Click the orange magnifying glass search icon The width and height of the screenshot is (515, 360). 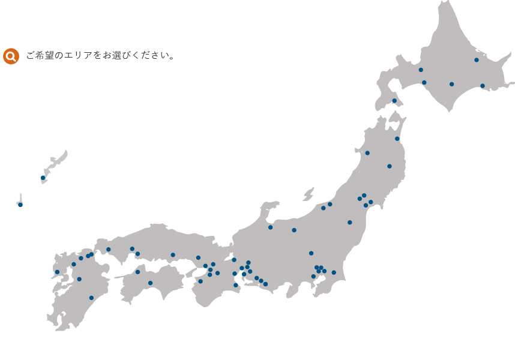tap(11, 56)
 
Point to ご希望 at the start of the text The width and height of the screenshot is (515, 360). tap(40, 56)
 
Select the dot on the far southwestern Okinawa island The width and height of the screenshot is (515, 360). tap(20, 205)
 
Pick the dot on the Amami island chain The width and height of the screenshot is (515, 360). tap(43, 178)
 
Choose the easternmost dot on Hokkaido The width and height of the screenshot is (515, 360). tap(483, 86)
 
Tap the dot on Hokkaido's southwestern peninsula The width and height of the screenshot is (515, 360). tap(394, 101)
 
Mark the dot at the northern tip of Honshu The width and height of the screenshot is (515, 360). tap(397, 139)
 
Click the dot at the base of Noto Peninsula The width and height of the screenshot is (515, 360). tap(270, 227)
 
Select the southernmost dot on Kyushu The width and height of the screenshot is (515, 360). tap(91, 298)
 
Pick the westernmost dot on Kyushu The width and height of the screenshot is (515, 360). tap(57, 272)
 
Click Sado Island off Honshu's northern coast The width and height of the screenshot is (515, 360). tap(309, 194)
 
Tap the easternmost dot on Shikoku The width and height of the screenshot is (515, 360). tap(150, 283)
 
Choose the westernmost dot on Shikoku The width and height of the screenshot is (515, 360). tap(137, 272)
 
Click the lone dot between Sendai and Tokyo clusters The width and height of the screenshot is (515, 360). tap(349, 223)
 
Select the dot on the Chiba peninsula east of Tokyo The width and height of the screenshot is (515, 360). tap(334, 272)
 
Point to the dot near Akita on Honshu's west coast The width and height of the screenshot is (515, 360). tap(367, 153)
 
